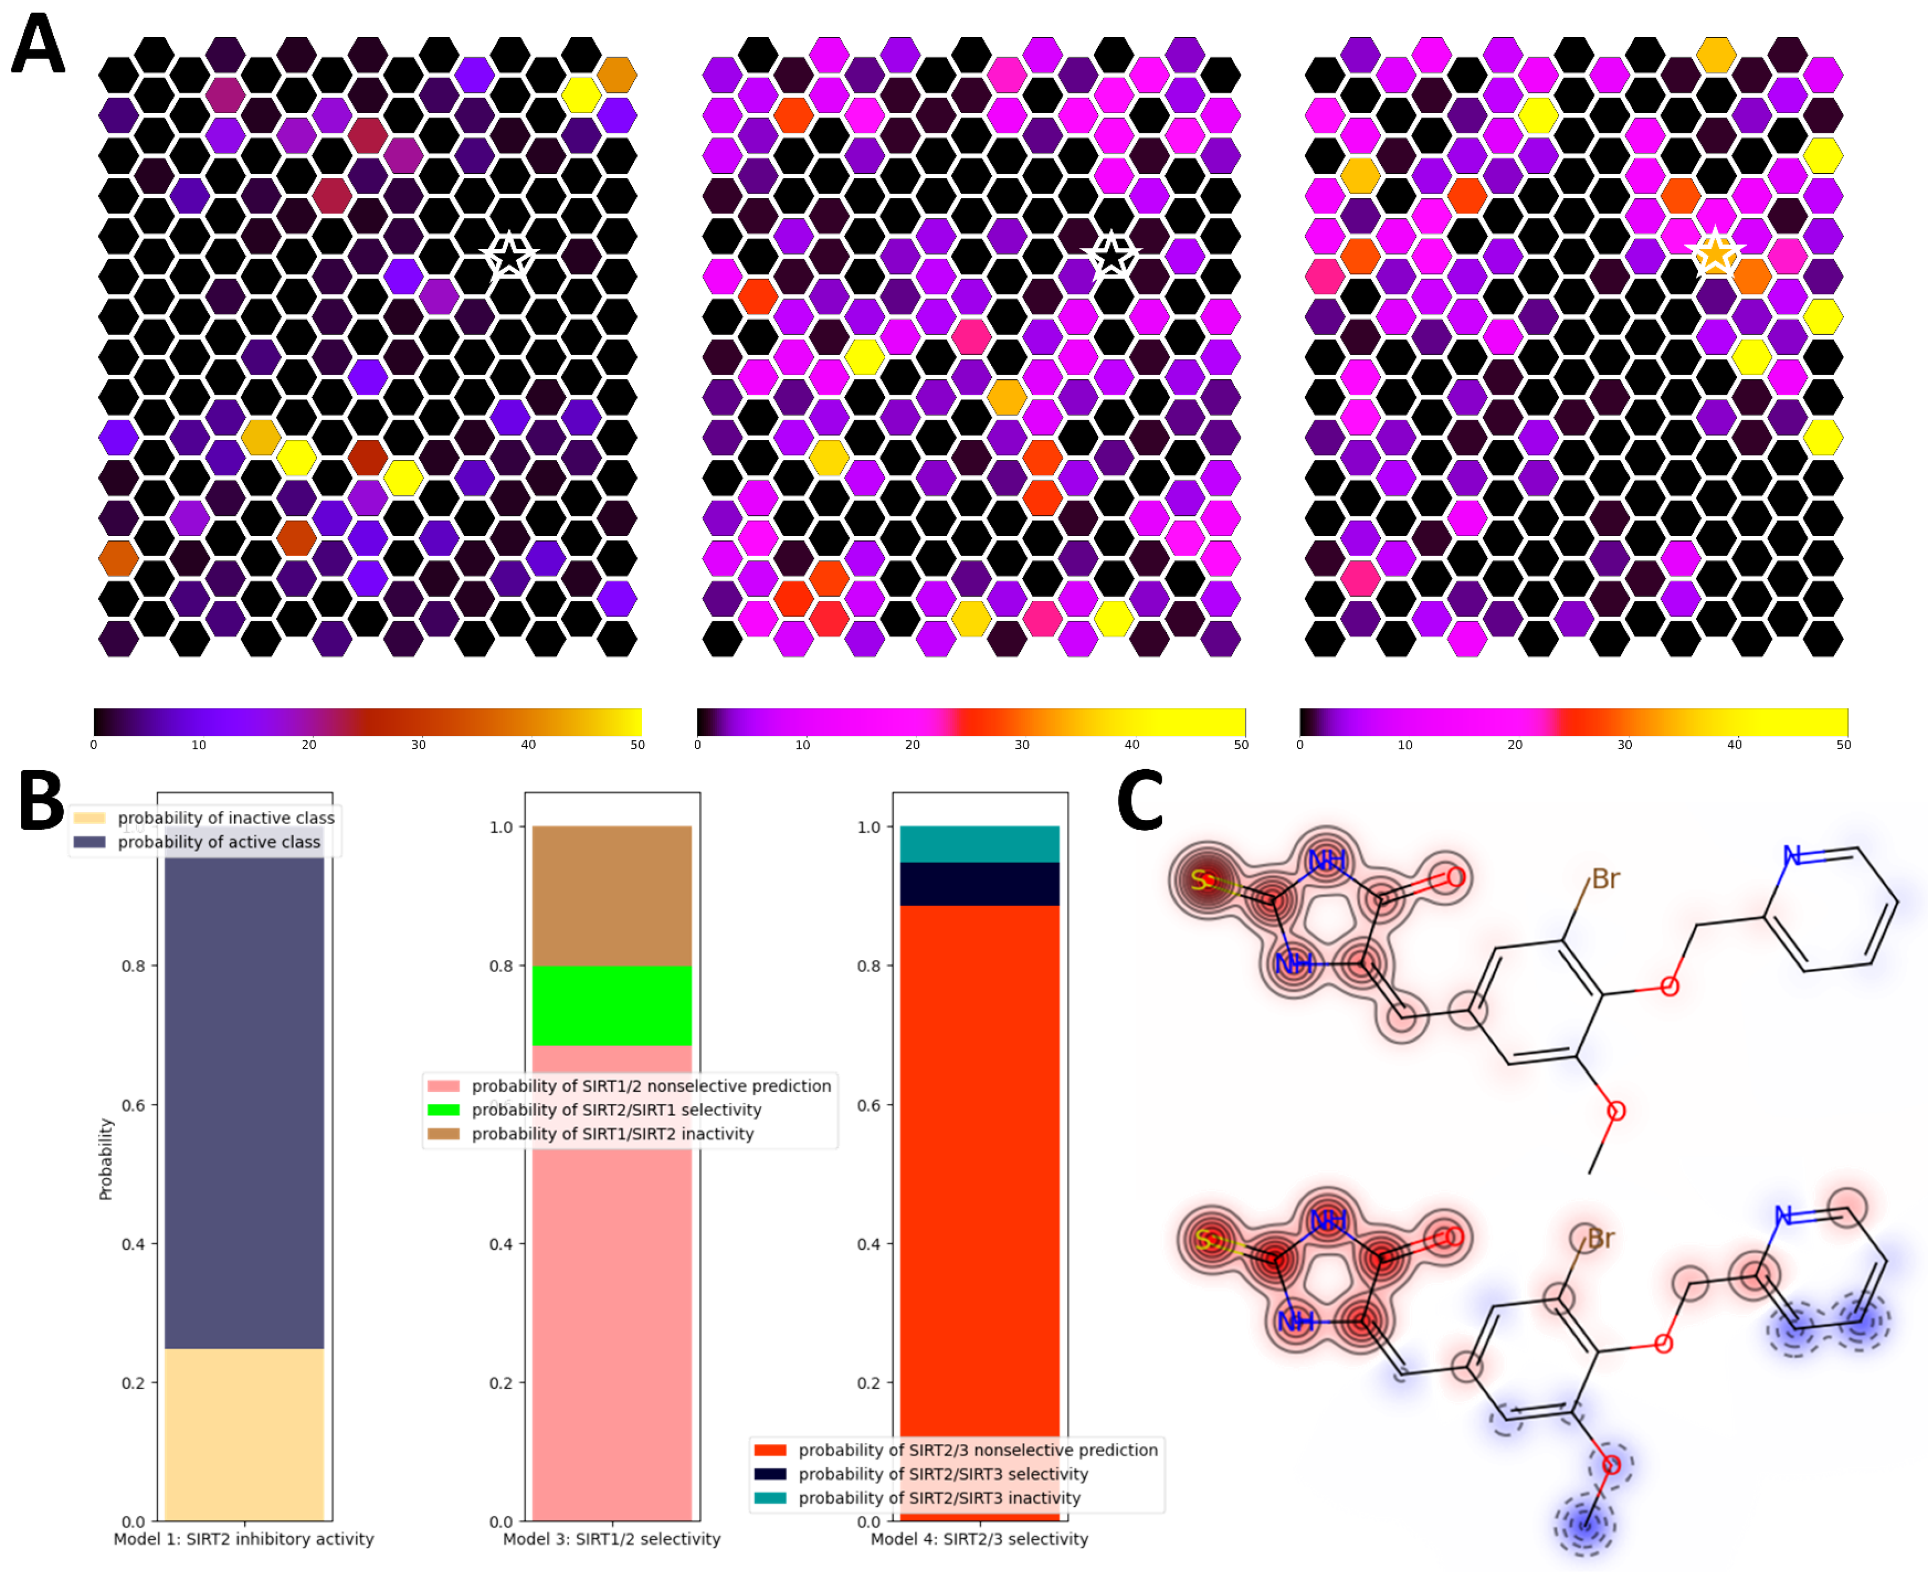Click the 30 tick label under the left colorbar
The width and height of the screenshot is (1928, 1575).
418,745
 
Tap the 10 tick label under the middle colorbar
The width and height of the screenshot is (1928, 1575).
802,745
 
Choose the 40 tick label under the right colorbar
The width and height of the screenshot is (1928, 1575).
1734,745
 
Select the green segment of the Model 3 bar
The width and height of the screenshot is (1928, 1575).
611,1005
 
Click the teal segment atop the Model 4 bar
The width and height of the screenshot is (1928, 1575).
980,844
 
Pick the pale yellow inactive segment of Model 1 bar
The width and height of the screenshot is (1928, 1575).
244,1433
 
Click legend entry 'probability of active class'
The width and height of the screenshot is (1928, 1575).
218,842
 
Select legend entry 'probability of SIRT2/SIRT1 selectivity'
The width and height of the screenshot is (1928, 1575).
616,1110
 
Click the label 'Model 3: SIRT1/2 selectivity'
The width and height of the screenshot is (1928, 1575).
611,1539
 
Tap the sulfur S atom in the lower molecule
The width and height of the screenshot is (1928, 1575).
1204,1239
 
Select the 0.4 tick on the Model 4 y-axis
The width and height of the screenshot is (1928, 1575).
869,1244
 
